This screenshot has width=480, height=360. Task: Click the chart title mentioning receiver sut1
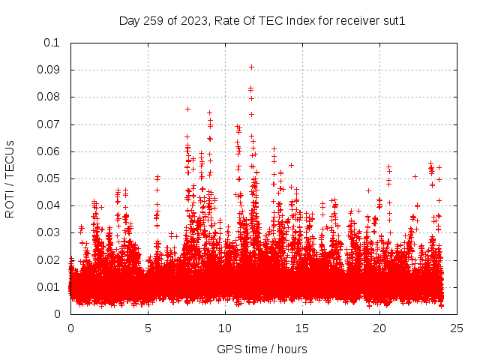262,21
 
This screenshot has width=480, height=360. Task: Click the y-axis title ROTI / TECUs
10,178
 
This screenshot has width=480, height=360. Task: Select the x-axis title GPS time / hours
262,349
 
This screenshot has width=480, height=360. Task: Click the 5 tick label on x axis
148,328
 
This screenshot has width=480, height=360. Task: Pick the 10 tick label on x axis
225,328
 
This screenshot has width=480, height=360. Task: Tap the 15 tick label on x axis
302,328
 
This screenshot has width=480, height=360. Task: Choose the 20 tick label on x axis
379,328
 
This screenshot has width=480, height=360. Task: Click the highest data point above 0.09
251,67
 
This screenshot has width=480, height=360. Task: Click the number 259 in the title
153,21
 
